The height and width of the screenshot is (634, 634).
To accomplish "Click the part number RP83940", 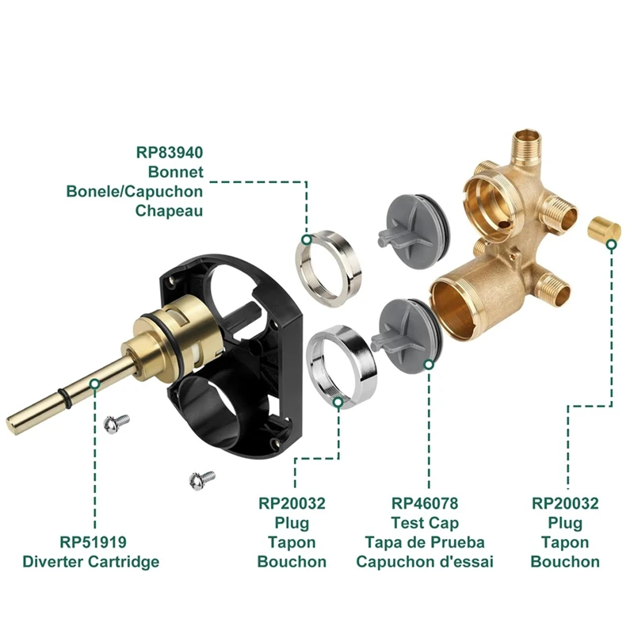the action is [170, 151].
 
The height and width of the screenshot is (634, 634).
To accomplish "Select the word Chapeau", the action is [169, 211].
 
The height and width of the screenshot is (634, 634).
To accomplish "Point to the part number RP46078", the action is [425, 503].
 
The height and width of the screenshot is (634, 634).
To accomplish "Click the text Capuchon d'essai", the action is [425, 562].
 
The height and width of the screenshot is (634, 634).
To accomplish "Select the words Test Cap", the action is [425, 523].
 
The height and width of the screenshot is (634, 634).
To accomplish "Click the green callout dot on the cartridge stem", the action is [94, 384].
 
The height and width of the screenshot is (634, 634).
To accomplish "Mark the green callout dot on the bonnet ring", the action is [306, 239].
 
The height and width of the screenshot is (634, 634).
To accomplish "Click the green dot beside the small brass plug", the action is [611, 246].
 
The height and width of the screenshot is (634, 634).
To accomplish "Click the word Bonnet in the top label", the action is [175, 171].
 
